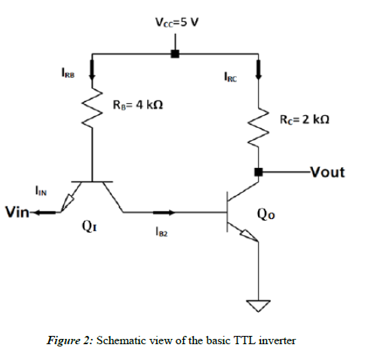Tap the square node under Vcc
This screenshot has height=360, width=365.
click(175, 53)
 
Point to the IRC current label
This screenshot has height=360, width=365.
click(231, 76)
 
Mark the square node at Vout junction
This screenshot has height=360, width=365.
click(259, 172)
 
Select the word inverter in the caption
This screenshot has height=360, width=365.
click(276, 340)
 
